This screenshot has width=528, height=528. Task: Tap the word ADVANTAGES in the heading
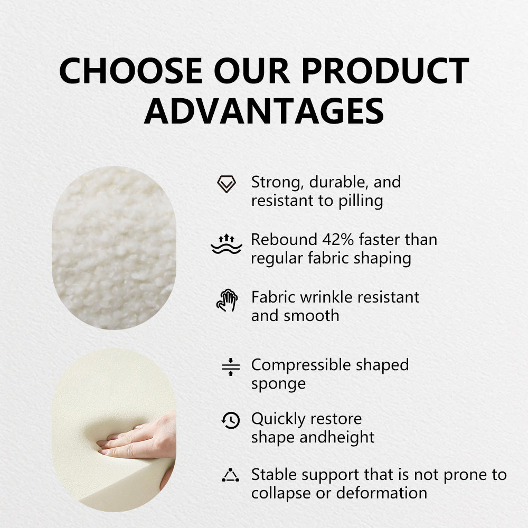[x=263, y=111]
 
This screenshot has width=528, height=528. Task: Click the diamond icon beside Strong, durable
[x=227, y=184]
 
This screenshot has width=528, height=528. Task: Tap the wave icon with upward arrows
[x=227, y=244]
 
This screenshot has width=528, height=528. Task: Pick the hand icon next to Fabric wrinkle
[x=228, y=300]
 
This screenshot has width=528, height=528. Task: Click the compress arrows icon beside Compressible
[x=231, y=367]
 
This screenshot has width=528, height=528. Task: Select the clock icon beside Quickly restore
[x=231, y=421]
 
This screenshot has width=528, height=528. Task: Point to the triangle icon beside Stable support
[x=230, y=475]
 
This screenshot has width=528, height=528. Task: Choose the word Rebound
[x=284, y=240]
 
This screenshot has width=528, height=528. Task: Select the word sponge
[x=278, y=384]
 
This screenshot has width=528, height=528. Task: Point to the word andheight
[x=337, y=438]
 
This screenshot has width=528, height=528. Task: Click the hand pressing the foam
[x=140, y=438]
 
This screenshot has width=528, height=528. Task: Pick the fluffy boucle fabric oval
[x=114, y=248]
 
